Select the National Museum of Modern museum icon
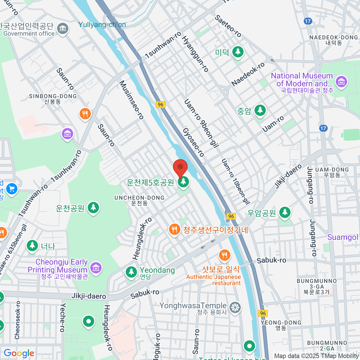tap(341, 82)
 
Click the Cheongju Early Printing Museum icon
tap(96, 267)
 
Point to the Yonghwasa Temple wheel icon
tap(235, 308)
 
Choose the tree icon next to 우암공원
tap(285, 213)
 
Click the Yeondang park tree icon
tap(131, 272)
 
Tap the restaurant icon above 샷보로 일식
tap(224, 256)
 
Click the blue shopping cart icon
tap(12, 189)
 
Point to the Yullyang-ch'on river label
tap(102, 25)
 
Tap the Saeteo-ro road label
tap(228, 26)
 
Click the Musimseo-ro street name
tap(132, 100)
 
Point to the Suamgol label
tap(343, 237)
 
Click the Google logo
tap(19, 353)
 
